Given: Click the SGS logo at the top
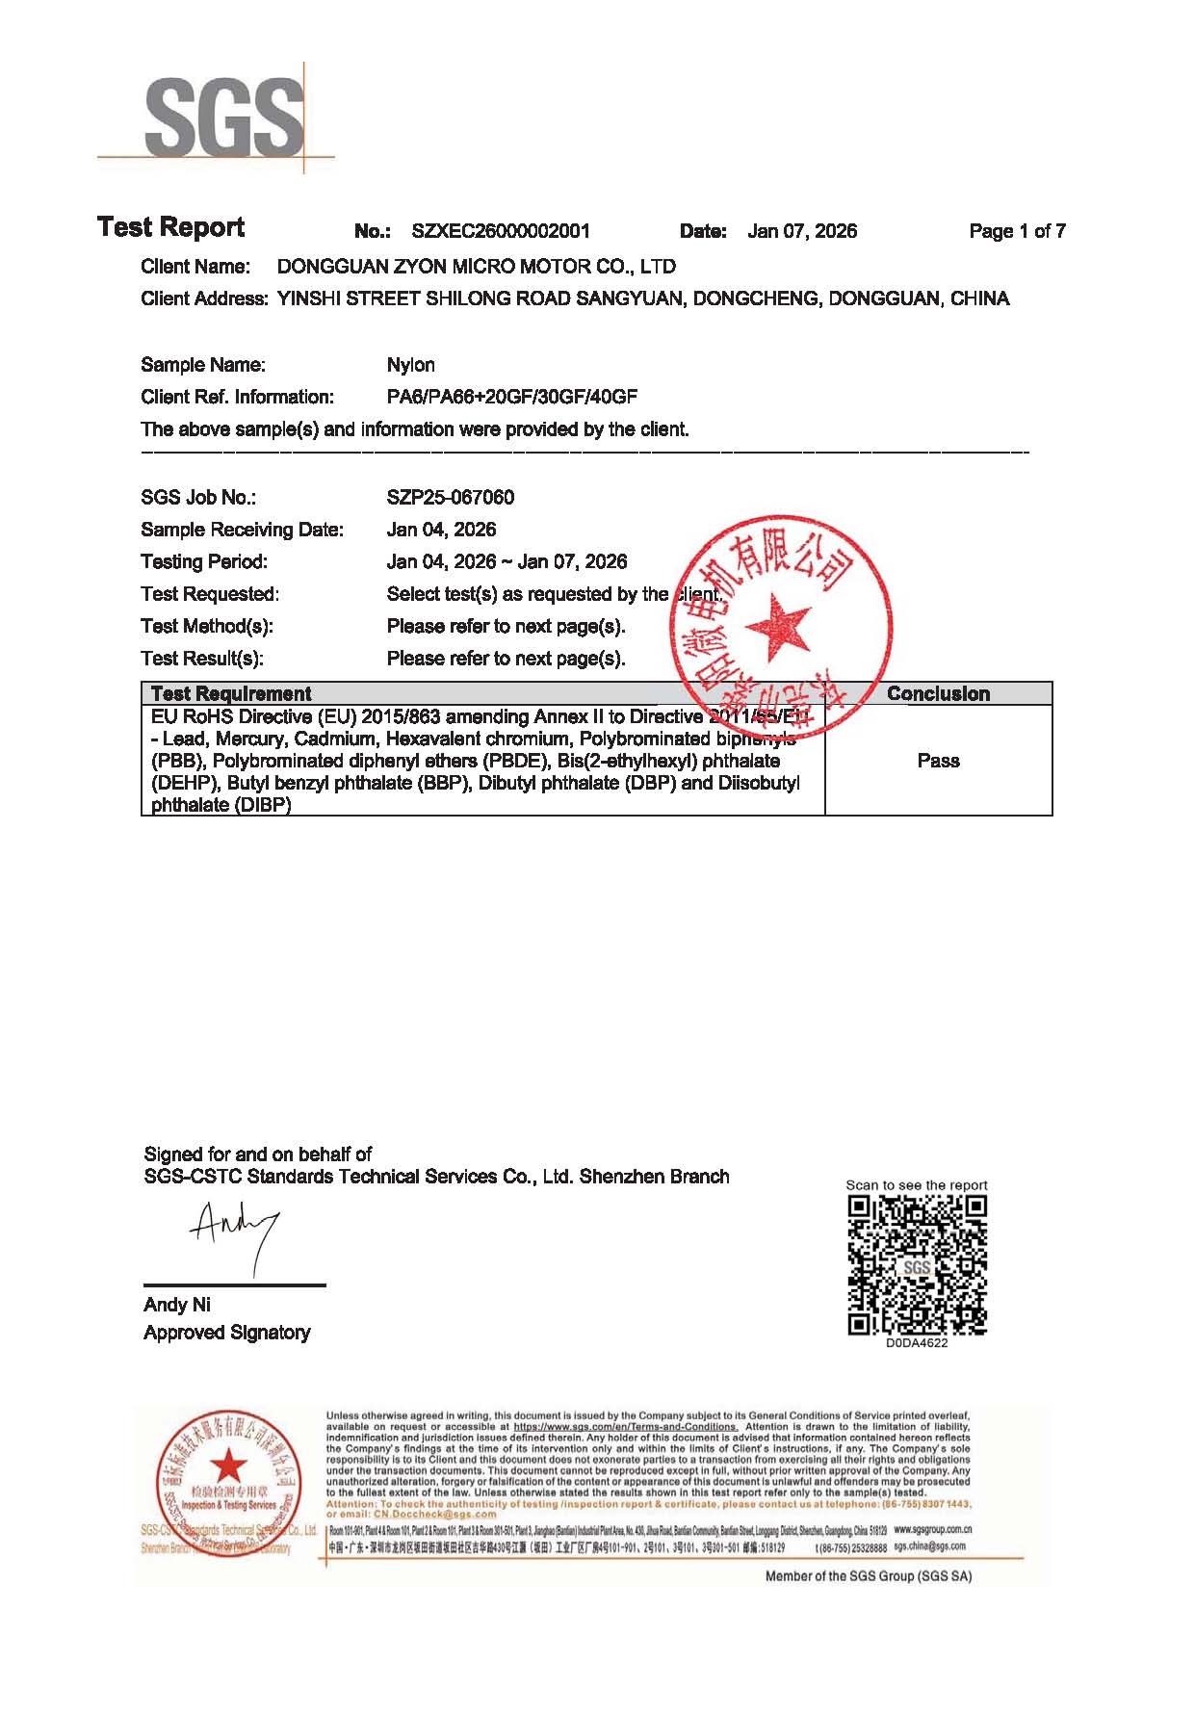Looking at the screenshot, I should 222,117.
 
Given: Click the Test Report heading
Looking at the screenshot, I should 171,227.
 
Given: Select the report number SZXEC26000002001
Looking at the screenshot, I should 501,231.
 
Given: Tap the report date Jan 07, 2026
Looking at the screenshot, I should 802,231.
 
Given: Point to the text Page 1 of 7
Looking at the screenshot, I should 1017,231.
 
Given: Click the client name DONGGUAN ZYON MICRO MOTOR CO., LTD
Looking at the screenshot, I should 476,267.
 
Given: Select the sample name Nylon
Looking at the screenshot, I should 410,365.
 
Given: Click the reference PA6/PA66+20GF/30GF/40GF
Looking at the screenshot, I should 511,397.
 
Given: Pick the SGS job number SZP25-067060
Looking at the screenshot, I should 450,498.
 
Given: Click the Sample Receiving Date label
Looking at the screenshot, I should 242,530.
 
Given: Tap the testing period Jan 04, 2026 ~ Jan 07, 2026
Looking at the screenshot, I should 507,561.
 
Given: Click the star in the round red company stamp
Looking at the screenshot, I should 777,627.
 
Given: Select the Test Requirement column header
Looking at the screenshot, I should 231,693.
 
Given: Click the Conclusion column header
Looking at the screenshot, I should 938,693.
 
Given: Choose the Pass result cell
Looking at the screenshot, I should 938,761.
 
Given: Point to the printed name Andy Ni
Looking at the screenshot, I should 177,1305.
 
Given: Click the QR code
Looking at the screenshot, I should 917,1264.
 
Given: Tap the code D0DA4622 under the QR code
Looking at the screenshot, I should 917,1343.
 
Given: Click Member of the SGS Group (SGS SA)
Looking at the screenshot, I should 868,1576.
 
